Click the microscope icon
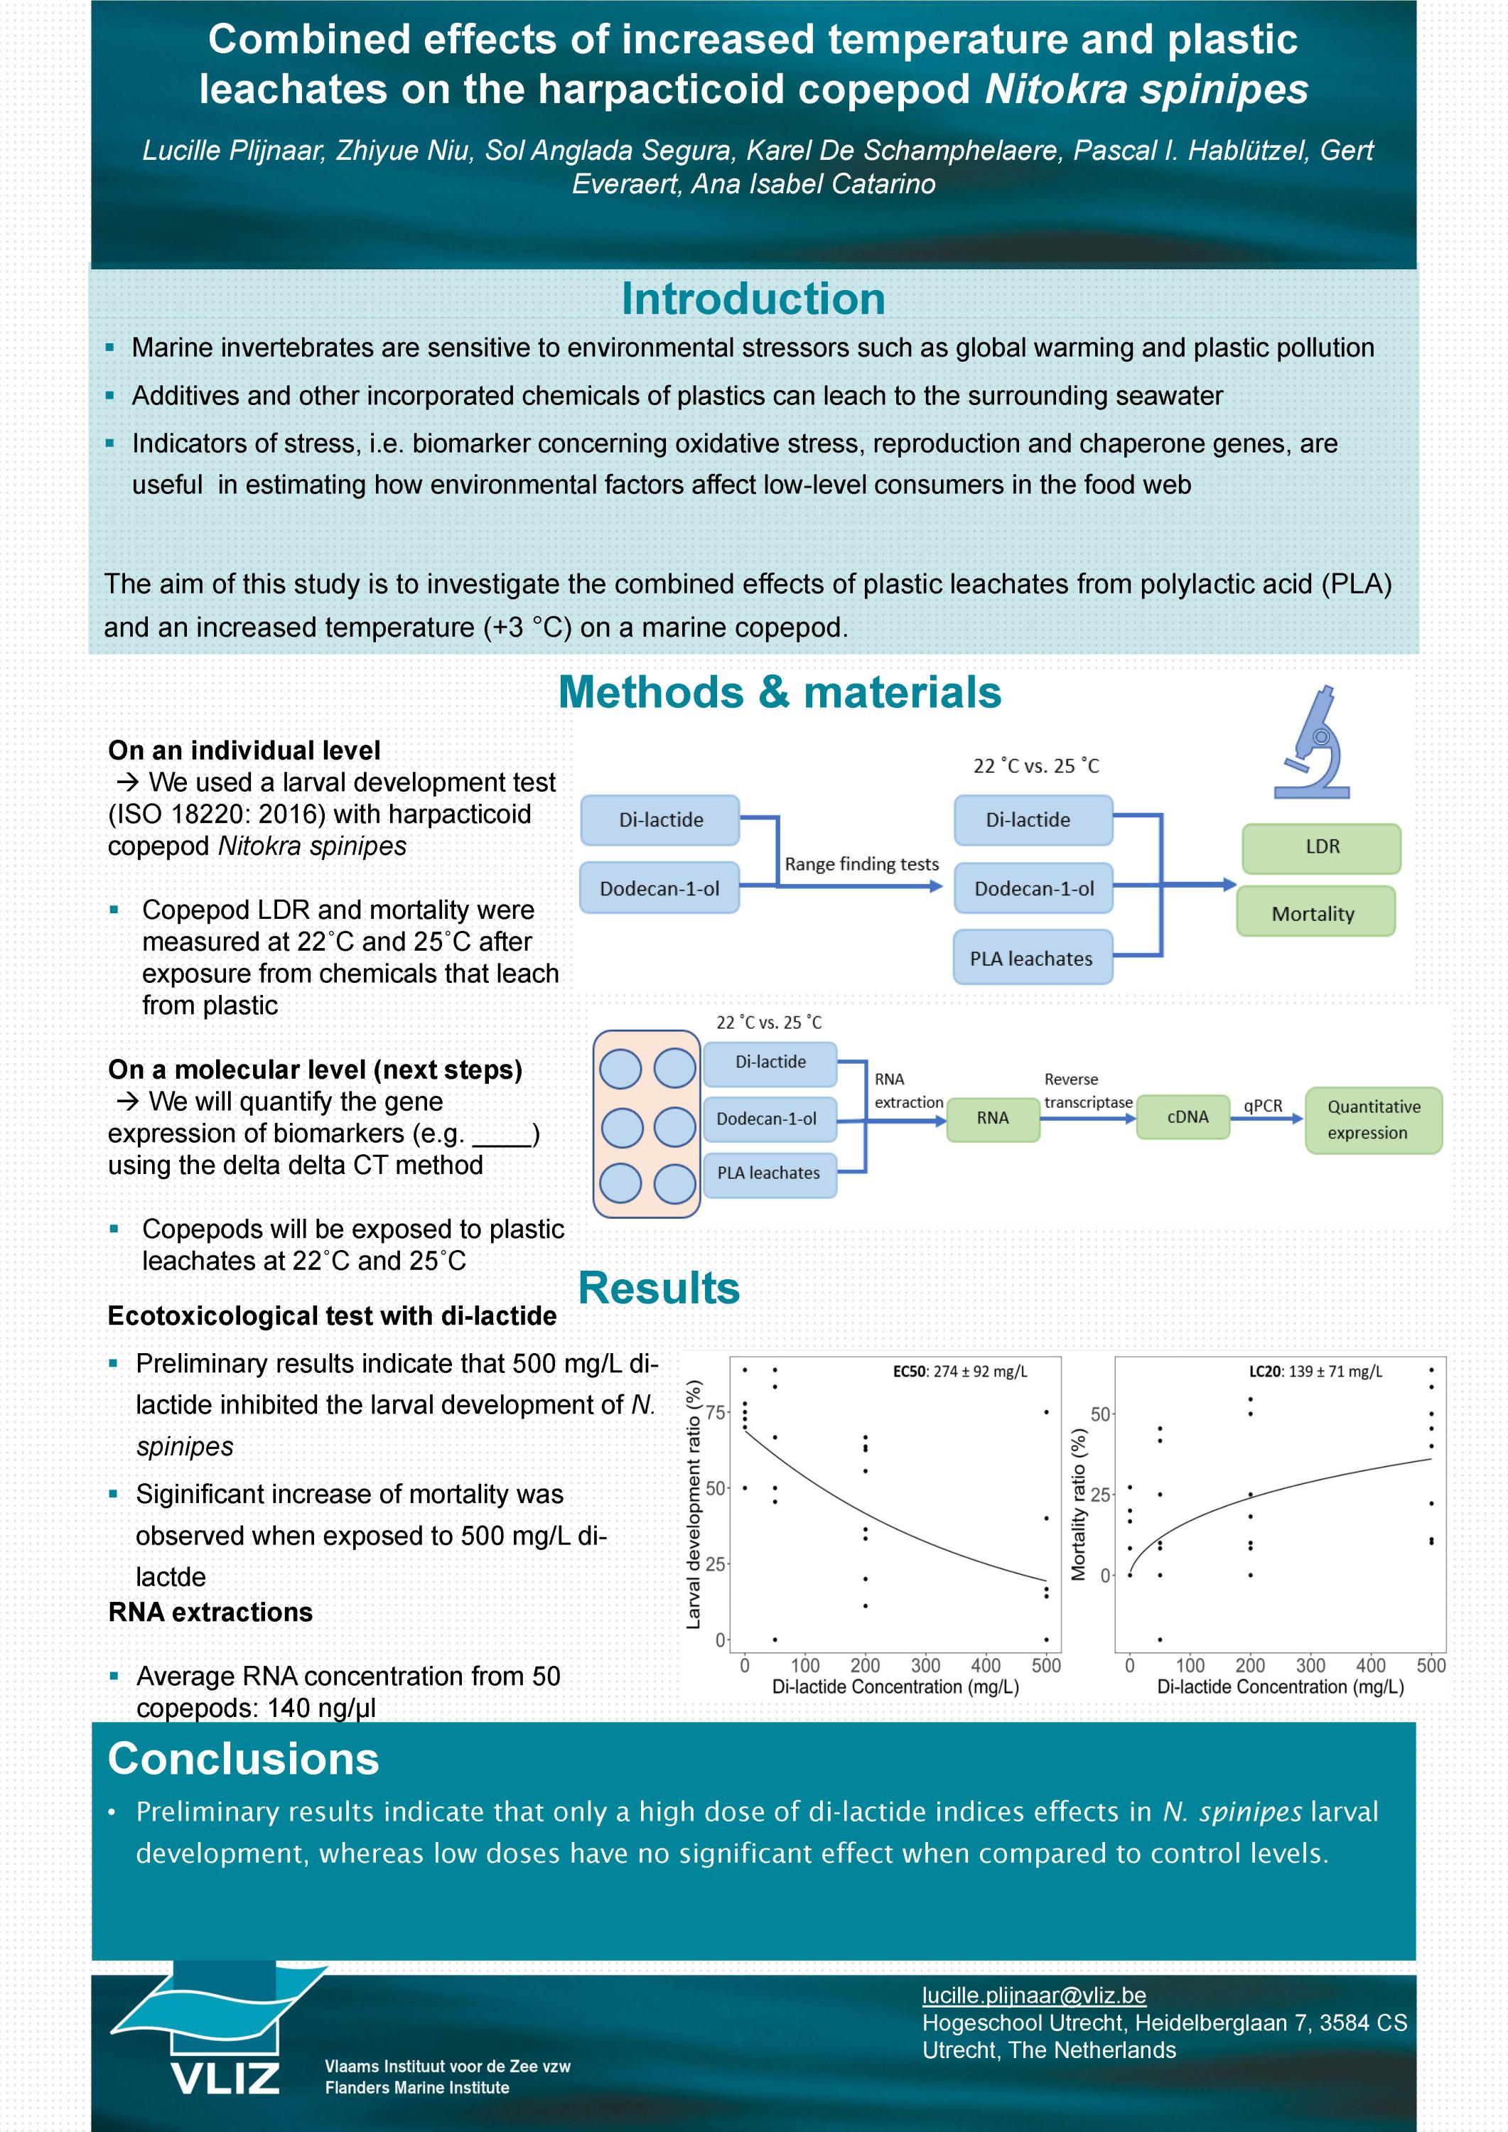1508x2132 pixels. tap(1312, 742)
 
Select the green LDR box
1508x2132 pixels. tap(1320, 848)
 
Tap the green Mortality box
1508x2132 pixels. tap(1314, 912)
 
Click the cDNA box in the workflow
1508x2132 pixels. tap(1187, 1117)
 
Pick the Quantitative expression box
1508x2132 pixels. tap(1372, 1120)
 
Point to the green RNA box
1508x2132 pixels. tap(992, 1118)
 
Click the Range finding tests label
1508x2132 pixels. tap(861, 863)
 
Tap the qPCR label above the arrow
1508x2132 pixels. tap(1262, 1106)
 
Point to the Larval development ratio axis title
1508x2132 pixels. tap(693, 1504)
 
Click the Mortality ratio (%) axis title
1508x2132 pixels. tap(1078, 1504)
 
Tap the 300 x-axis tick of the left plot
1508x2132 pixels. tap(925, 1665)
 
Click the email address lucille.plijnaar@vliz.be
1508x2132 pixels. tap(1033, 1995)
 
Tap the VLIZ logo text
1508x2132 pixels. tap(226, 2078)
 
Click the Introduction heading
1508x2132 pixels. tap(753, 299)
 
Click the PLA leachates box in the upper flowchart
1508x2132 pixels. tap(1032, 958)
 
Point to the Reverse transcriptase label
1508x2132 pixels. tap(1087, 1091)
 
